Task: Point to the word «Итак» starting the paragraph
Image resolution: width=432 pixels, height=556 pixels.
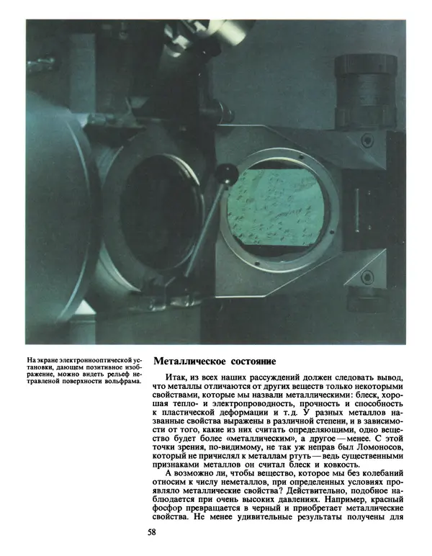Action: pos(176,377)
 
